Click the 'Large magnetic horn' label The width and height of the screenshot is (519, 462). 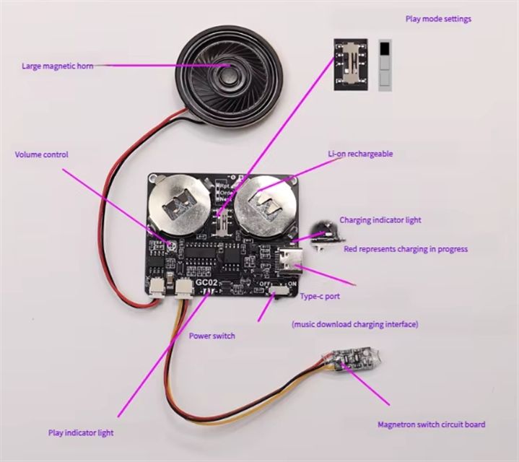57,66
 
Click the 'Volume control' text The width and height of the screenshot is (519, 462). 42,154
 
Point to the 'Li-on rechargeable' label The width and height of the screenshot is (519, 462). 360,154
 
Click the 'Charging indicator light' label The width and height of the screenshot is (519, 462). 380,219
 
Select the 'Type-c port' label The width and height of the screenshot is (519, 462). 320,297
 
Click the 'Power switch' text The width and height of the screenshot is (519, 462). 212,336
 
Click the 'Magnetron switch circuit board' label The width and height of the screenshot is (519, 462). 432,424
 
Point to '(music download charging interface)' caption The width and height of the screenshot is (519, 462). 354,325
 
